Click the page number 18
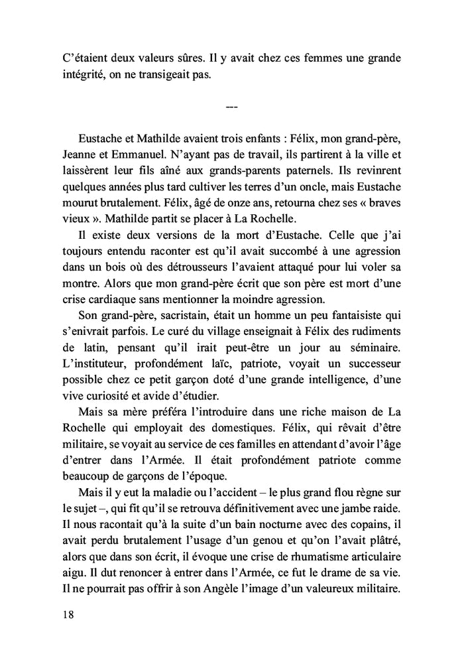point(66,614)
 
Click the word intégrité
point(85,75)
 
